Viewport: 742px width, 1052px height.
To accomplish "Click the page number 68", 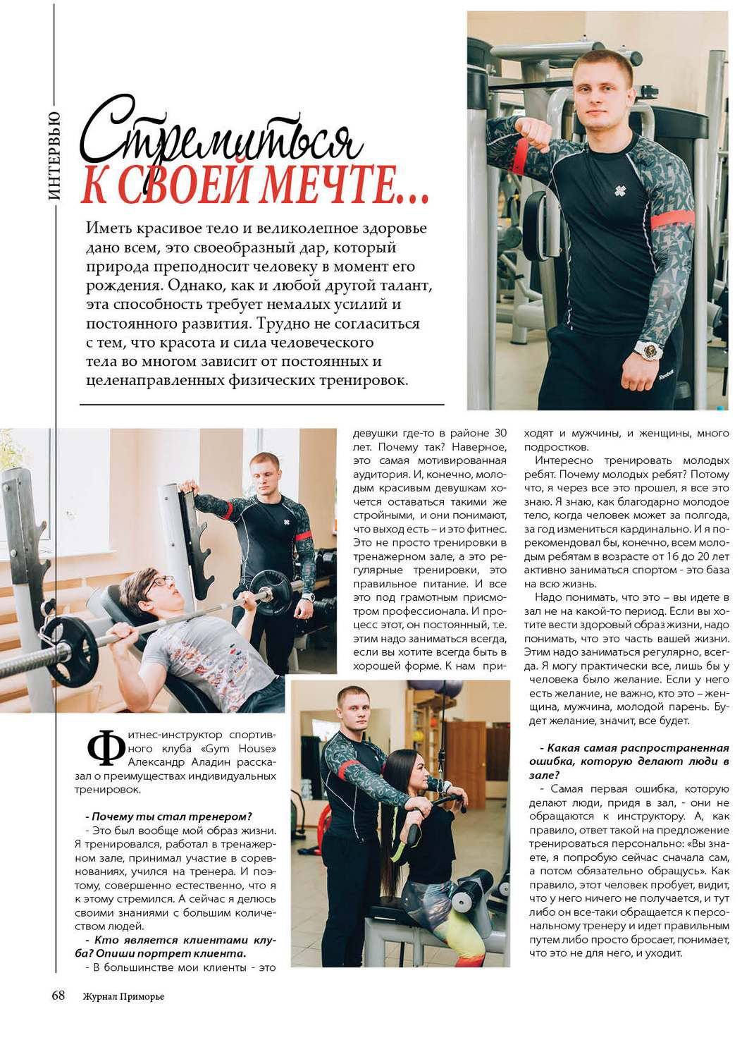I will pyautogui.click(x=58, y=995).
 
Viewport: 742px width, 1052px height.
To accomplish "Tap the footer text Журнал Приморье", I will pyautogui.click(x=123, y=996).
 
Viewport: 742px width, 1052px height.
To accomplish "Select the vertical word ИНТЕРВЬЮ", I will pyautogui.click(x=55, y=156).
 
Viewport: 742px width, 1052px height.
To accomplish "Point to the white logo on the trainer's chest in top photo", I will pyautogui.click(x=620, y=190).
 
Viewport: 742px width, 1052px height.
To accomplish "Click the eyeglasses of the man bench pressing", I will pyautogui.click(x=160, y=582).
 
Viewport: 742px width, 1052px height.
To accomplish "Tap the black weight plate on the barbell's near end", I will pyautogui.click(x=70, y=649).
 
